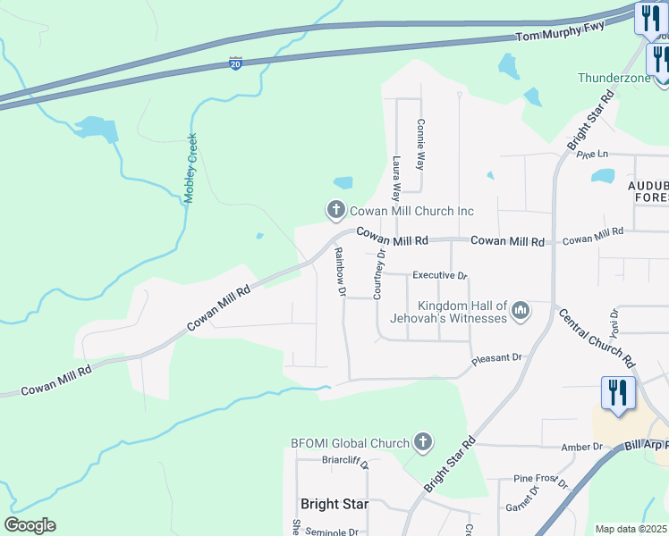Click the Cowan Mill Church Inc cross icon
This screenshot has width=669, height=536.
coord(336,211)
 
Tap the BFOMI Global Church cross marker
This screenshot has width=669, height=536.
coord(422,442)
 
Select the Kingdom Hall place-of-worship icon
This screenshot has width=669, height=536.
coord(521,312)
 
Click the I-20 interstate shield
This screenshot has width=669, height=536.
coord(234,65)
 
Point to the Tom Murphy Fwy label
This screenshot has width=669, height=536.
coord(561,31)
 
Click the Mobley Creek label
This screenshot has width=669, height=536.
coord(191,168)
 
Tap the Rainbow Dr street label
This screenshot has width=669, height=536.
coord(340,272)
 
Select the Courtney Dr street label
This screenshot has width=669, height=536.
coord(379,274)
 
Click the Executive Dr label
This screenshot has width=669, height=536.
coord(440,276)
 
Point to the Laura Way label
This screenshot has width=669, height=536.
coord(397,174)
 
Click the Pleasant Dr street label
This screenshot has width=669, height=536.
coord(496,358)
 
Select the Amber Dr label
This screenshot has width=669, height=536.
coord(581,447)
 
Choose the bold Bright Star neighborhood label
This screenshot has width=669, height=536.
coord(334,504)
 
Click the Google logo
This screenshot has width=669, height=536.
coord(30,525)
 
